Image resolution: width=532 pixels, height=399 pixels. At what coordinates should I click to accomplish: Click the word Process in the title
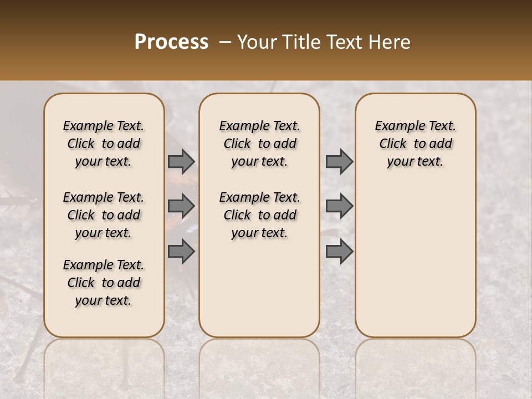click(171, 42)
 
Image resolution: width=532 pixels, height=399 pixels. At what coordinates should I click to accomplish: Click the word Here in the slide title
click(390, 42)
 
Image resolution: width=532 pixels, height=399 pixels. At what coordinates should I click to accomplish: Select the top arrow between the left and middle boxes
click(181, 162)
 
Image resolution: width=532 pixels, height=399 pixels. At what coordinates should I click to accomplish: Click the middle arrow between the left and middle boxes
click(181, 206)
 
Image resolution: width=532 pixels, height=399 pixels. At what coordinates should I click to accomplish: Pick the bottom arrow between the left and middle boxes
click(181, 251)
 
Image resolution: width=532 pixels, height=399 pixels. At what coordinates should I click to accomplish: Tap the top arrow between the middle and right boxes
click(339, 162)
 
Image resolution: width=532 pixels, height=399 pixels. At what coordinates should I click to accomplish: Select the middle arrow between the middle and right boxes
click(339, 206)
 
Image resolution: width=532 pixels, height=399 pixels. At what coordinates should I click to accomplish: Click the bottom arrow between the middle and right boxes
click(339, 251)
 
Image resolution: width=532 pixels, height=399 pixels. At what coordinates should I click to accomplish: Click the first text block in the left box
click(104, 144)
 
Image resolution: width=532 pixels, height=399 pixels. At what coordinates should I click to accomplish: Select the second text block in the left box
click(104, 215)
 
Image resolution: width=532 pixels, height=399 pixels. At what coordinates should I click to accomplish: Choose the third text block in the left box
click(104, 283)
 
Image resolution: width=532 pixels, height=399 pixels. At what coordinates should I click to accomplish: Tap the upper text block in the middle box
click(259, 144)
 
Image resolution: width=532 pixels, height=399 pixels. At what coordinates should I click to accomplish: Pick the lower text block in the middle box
click(259, 215)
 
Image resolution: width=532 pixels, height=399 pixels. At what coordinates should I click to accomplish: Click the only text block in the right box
click(415, 144)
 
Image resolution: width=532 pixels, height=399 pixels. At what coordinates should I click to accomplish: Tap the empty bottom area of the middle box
click(259, 294)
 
